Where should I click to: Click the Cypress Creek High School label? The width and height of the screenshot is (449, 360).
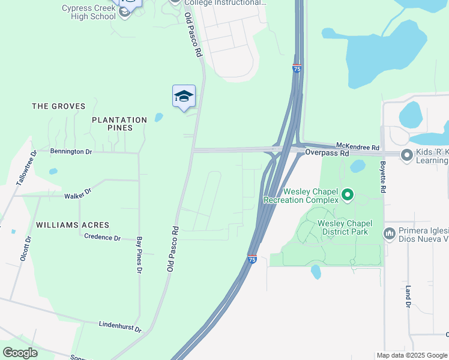click(88, 12)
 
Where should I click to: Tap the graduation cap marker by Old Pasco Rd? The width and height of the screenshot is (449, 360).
click(184, 97)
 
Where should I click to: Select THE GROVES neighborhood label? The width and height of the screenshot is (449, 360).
click(55, 106)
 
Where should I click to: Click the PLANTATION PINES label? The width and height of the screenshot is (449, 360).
click(119, 120)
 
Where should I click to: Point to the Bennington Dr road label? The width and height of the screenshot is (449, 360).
click(71, 152)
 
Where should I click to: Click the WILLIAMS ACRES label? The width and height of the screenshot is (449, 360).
click(73, 225)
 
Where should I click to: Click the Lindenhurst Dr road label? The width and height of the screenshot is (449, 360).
click(120, 326)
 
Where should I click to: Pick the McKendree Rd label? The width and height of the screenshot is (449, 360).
click(358, 146)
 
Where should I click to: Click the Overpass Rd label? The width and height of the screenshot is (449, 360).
click(327, 154)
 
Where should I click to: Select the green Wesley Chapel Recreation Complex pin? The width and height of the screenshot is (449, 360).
click(347, 194)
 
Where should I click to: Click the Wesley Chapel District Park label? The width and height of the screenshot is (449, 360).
click(345, 227)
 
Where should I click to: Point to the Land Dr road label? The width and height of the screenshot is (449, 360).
click(408, 296)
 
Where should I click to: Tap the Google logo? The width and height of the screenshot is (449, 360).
click(20, 352)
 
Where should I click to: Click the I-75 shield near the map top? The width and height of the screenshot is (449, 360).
click(297, 68)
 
